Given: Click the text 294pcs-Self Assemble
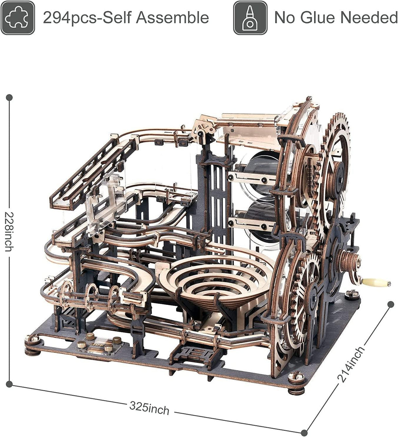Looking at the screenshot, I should tap(126, 17).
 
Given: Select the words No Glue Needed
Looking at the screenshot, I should tap(336, 17).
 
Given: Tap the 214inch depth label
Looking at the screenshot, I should tap(351, 364).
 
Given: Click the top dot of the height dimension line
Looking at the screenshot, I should tap(10, 98).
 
